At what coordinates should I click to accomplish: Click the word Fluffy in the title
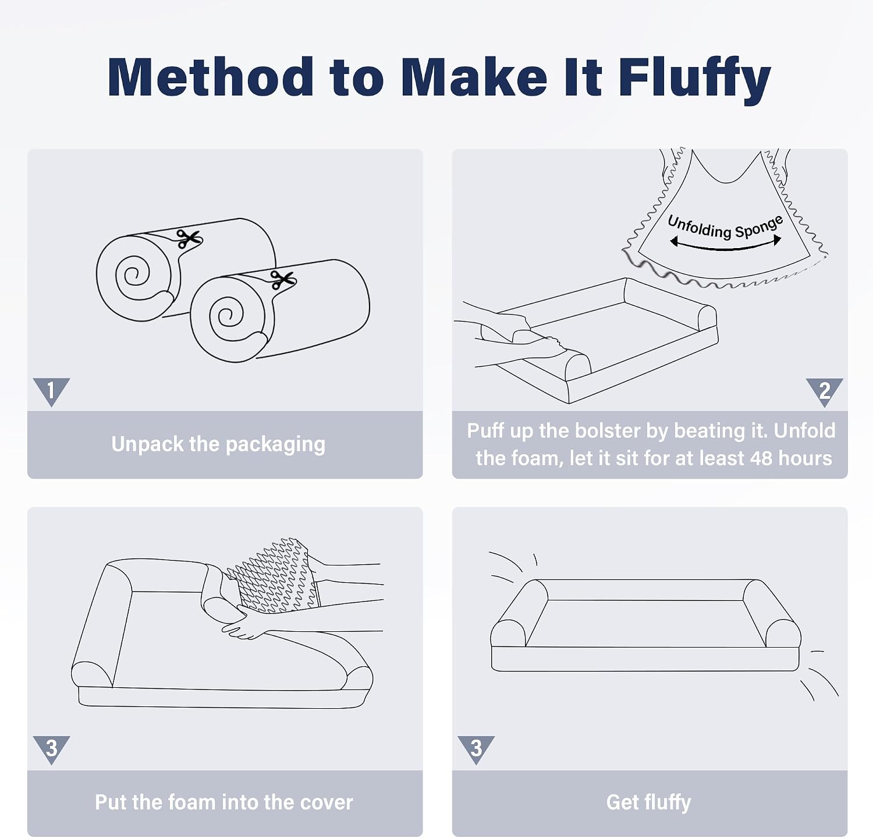point(694,79)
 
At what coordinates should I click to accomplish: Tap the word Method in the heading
point(211,76)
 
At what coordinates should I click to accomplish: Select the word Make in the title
point(474,76)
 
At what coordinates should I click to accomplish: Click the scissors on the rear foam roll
point(189,239)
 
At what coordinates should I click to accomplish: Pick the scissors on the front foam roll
point(283,280)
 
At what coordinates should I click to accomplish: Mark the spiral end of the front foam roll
point(228,318)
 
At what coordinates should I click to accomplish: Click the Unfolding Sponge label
point(725,227)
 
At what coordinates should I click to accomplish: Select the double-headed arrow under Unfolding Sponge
point(725,247)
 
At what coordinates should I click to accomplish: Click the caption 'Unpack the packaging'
point(218,444)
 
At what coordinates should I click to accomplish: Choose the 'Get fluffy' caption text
point(649,802)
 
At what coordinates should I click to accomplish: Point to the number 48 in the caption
point(761,458)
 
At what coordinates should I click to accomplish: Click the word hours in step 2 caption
point(805,458)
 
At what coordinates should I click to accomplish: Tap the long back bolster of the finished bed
point(646,590)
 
